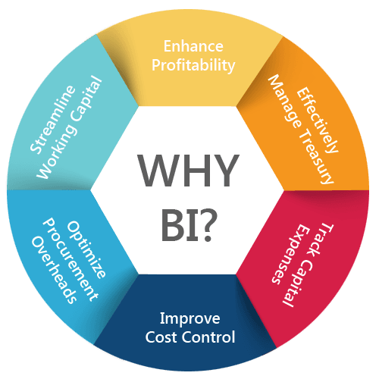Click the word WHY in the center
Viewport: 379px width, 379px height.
(188, 170)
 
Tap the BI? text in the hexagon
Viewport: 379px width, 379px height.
(189, 226)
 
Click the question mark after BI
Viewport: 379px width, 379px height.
(208, 226)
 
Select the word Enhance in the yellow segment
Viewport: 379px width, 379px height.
(193, 46)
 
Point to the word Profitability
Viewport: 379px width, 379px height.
(193, 65)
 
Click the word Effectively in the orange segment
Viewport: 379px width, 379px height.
(318, 120)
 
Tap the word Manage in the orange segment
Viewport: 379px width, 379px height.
(285, 102)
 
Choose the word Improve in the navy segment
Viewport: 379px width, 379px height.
(190, 319)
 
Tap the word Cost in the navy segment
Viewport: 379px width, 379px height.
(162, 337)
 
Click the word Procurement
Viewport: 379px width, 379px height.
(70, 259)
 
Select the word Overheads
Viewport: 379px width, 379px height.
(54, 269)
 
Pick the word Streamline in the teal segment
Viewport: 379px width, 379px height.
(52, 119)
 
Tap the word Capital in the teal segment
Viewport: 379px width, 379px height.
(86, 100)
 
